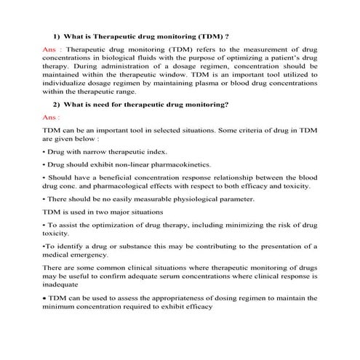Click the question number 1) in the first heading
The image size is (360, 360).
pos(57,35)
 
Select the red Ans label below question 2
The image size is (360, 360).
pos(52,116)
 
